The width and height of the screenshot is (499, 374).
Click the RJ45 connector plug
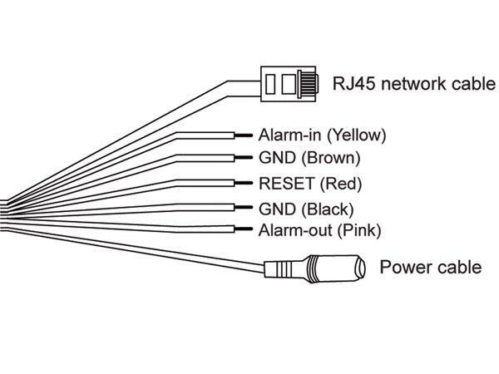[289, 84]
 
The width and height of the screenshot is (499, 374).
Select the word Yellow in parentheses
[357, 135]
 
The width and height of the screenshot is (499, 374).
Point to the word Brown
[331, 158]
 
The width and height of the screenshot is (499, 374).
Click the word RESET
[287, 184]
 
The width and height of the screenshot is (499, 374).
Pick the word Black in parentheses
[328, 209]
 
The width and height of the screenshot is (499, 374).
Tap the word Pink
[359, 230]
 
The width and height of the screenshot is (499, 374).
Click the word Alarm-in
[289, 135]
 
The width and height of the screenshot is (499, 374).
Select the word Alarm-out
[295, 230]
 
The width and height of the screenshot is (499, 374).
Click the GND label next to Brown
[278, 158]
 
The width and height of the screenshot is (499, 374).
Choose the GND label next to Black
[278, 209]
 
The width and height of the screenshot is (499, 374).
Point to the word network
[413, 84]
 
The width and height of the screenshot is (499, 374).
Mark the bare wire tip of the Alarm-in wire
[244, 135]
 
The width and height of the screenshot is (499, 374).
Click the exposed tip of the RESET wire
[244, 183]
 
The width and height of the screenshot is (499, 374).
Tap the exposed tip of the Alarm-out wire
[244, 229]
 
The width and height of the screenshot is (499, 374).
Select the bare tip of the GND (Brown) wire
[244, 157]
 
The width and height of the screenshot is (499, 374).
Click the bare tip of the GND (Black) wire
[244, 207]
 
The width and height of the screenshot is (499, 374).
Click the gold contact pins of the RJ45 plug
[309, 84]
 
